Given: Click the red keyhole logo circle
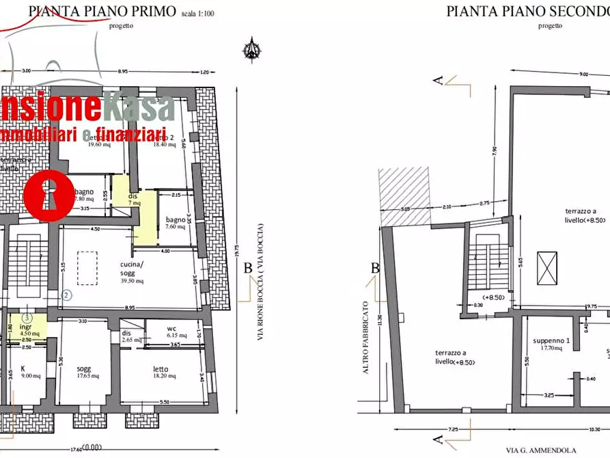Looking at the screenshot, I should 49,194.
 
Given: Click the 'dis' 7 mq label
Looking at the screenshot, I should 134,199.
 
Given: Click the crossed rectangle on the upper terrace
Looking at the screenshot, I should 547,269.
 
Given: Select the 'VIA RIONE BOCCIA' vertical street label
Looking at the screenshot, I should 260,282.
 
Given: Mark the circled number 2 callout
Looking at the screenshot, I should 66,296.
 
